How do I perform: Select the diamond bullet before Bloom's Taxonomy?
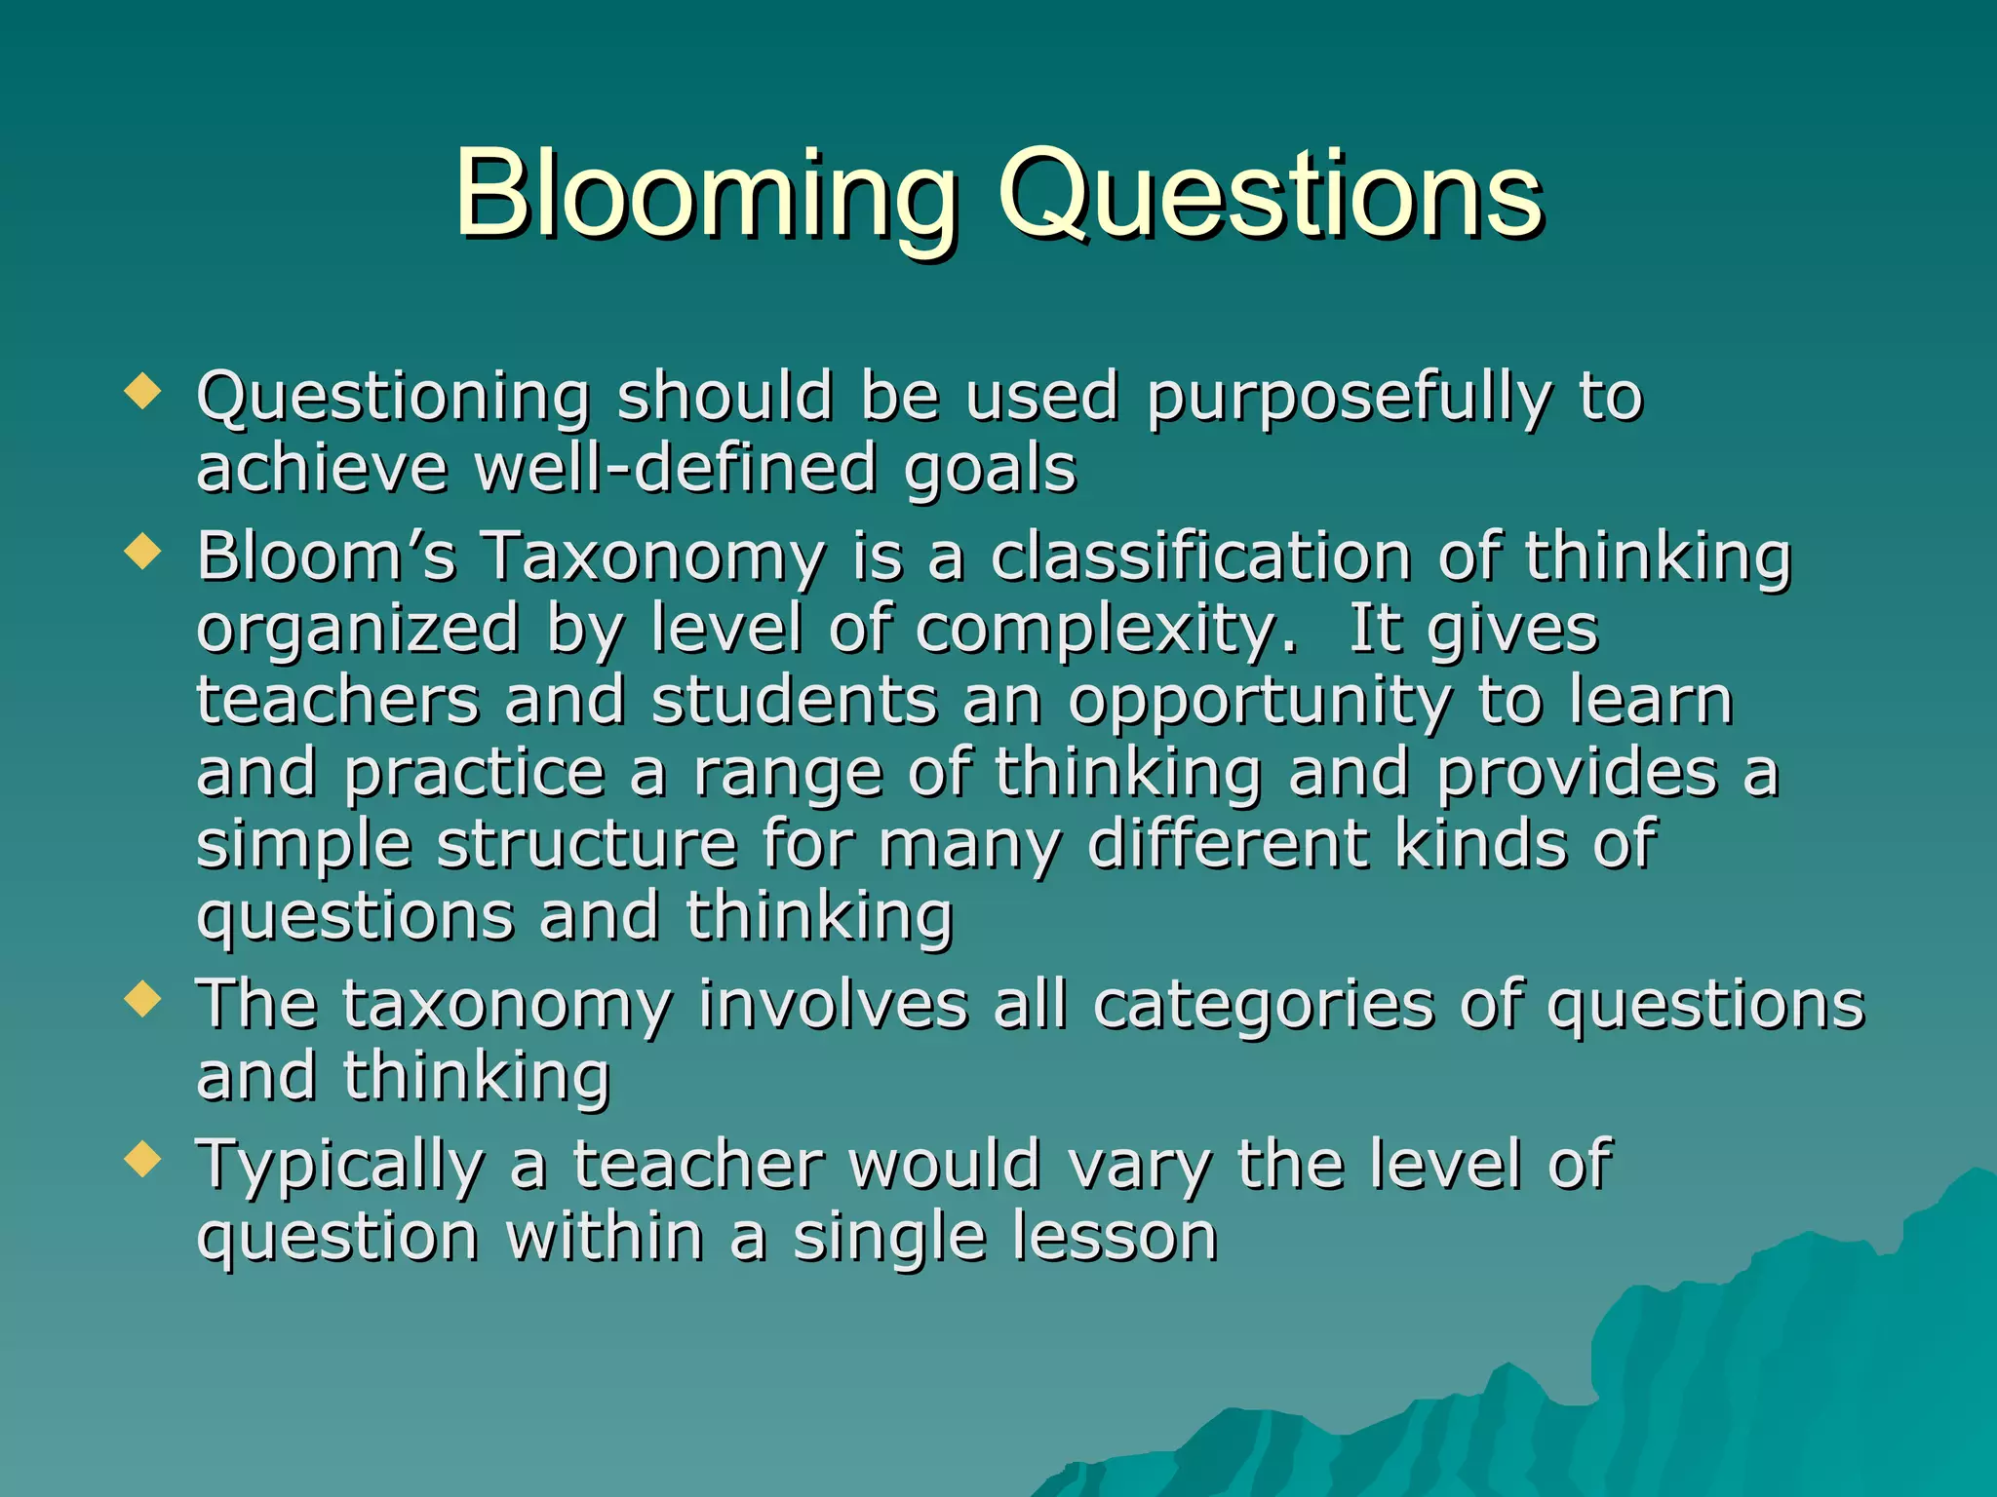[142, 553]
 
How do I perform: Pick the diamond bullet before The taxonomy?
[142, 1000]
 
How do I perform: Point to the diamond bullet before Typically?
[142, 1160]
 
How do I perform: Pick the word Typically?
[340, 1168]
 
